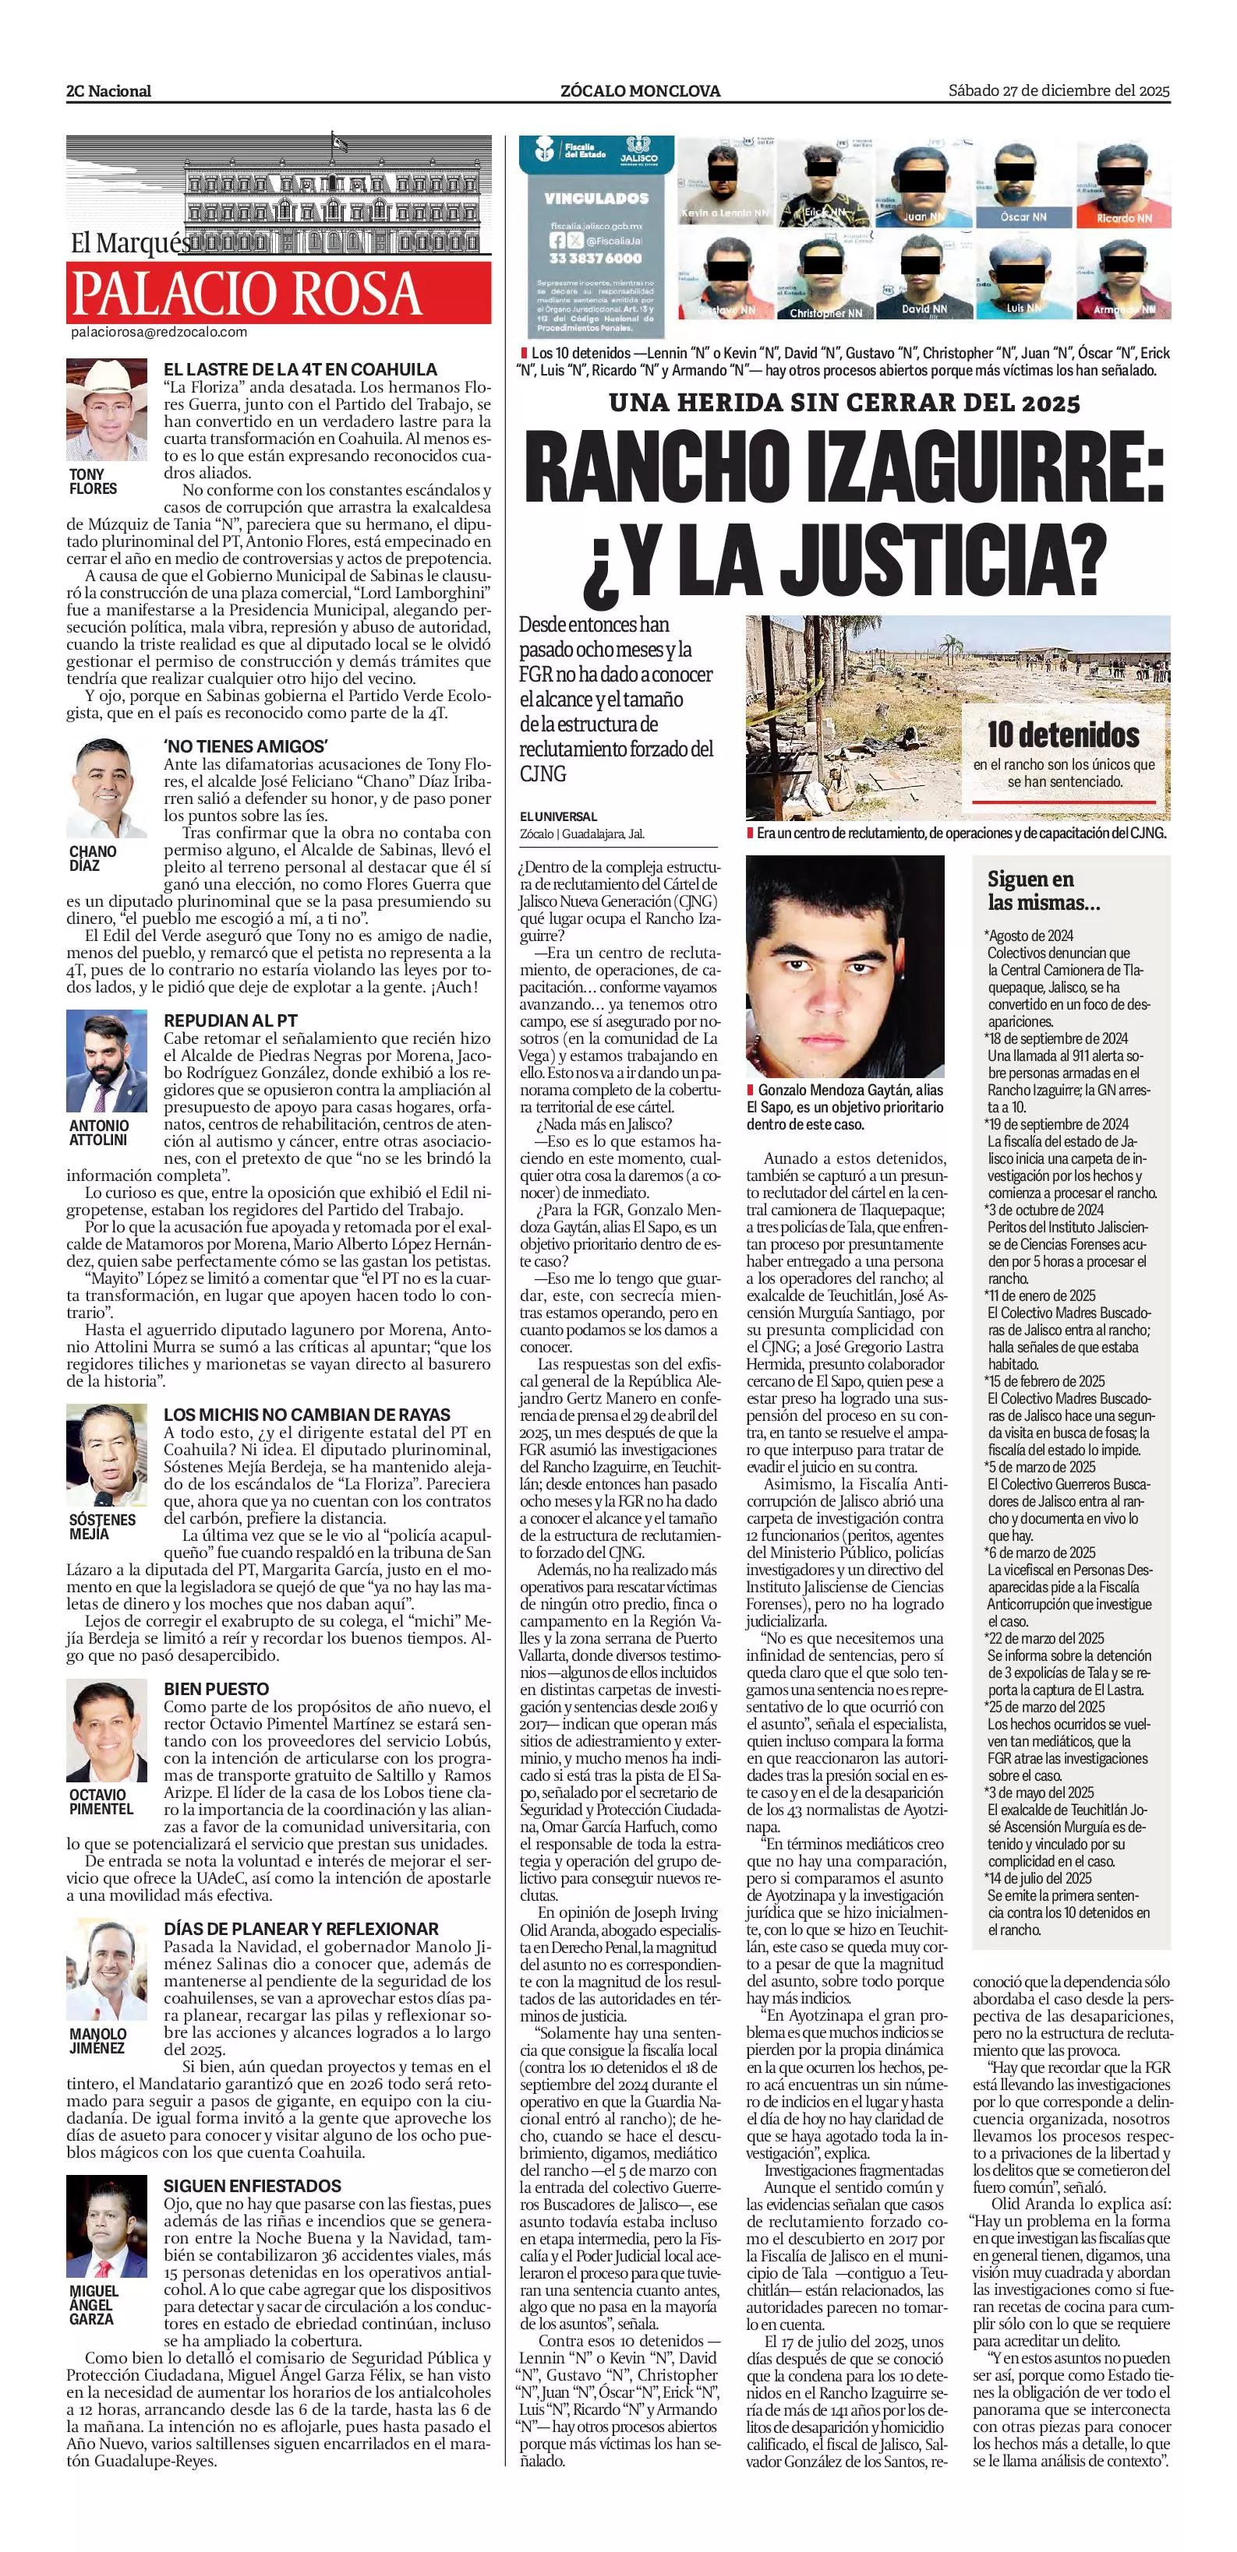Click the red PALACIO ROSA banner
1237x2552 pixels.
(278, 292)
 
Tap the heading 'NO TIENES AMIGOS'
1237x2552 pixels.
(245, 746)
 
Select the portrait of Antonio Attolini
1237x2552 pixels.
(106, 1062)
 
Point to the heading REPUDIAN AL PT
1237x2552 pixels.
(230, 1020)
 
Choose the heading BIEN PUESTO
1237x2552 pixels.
(216, 1688)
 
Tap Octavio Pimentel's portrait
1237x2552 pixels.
(106, 1731)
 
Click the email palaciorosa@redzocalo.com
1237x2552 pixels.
(158, 332)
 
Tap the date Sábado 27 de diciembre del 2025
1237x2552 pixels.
(1059, 91)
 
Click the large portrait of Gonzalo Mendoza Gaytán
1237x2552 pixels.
(844, 966)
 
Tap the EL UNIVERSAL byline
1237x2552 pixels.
(559, 816)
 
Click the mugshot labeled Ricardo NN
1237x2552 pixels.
(1123, 185)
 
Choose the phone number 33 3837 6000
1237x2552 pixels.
(595, 258)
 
